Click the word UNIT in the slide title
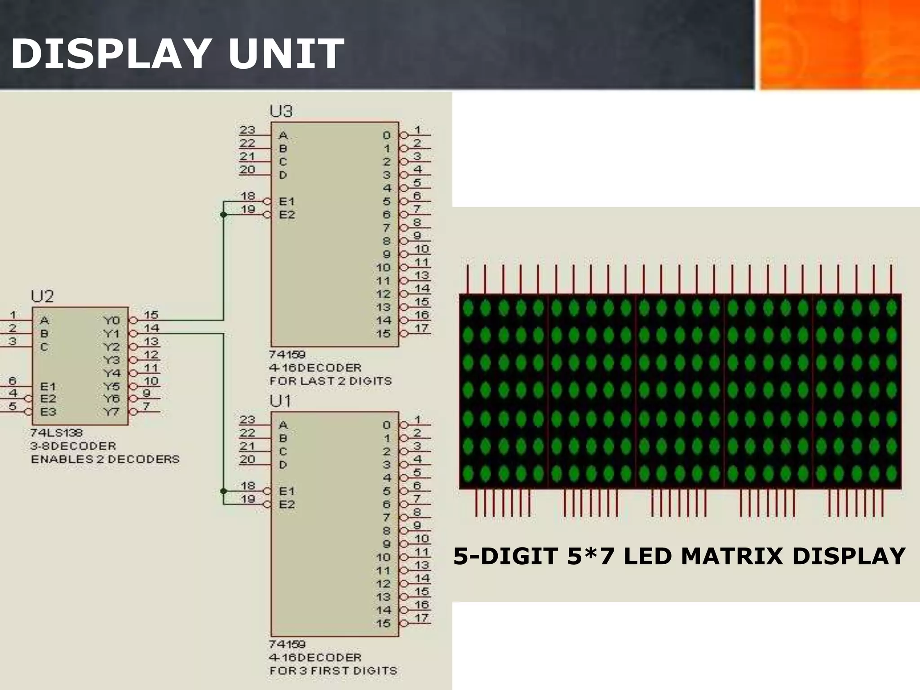point(286,54)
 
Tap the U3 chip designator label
point(281,111)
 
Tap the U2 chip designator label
point(42,296)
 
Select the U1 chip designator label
point(280,401)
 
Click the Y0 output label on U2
point(111,320)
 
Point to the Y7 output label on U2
point(111,412)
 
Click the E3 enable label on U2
point(48,411)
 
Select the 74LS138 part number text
point(57,433)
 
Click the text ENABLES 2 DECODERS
point(105,459)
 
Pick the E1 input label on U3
point(287,201)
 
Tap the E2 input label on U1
point(287,504)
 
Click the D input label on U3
point(283,175)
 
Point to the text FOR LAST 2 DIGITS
point(330,381)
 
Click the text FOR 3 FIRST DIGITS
point(333,671)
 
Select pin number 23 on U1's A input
point(247,420)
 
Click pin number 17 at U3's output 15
point(421,328)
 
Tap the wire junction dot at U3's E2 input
point(223,215)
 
